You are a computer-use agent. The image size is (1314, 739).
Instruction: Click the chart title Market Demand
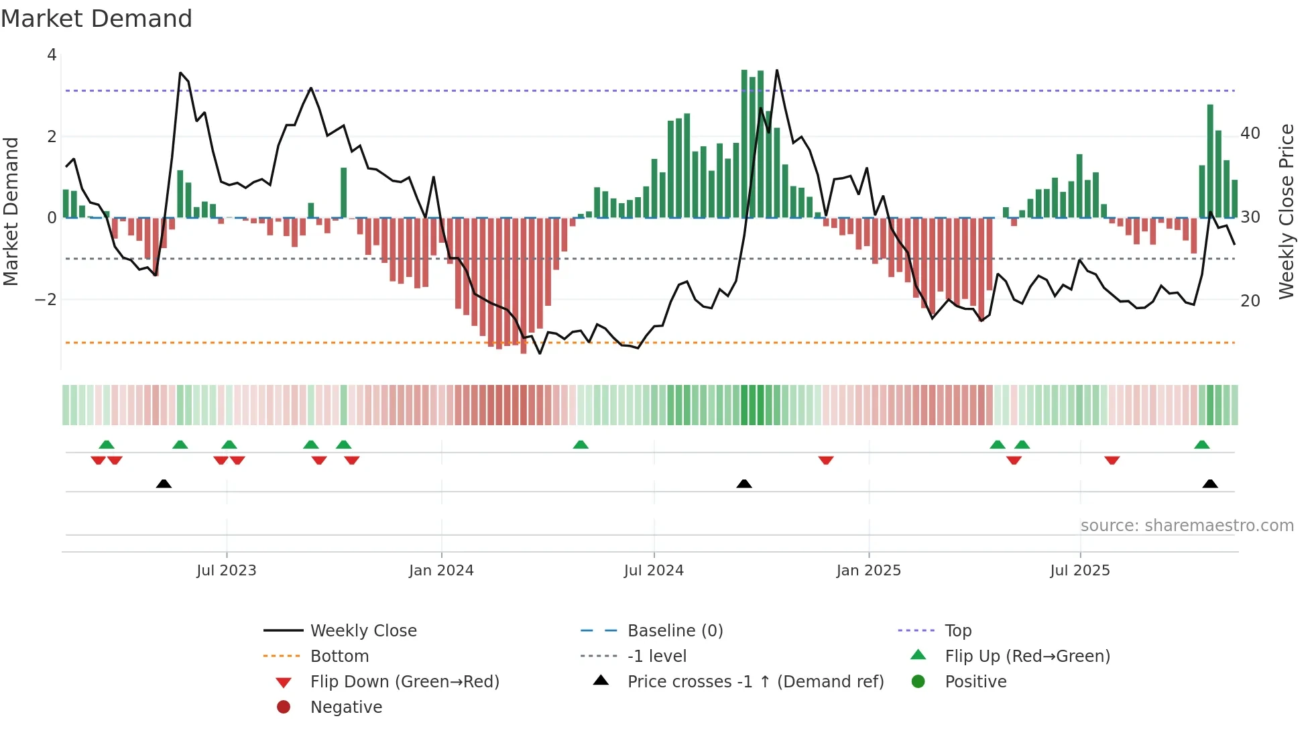point(97,19)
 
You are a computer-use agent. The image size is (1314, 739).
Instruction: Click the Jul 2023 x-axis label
point(227,571)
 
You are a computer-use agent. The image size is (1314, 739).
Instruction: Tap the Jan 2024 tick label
point(441,571)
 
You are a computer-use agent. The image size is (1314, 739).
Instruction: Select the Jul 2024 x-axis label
point(654,571)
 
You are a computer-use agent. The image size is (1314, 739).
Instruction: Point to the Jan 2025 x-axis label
point(869,571)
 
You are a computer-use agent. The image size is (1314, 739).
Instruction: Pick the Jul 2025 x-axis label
point(1080,571)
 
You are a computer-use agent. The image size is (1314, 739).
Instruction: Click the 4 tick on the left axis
point(52,55)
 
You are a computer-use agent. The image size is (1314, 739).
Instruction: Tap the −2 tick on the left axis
point(46,299)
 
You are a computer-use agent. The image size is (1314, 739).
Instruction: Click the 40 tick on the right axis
point(1250,133)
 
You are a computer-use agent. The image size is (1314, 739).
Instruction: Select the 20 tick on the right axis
point(1250,301)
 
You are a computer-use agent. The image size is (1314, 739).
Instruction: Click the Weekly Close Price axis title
point(1287,211)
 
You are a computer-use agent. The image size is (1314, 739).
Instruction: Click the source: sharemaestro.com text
point(1187,526)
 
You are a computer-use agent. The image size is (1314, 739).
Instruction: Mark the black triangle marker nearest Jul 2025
point(1210,484)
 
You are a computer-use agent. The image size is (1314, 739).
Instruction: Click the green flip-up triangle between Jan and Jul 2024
point(581,445)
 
